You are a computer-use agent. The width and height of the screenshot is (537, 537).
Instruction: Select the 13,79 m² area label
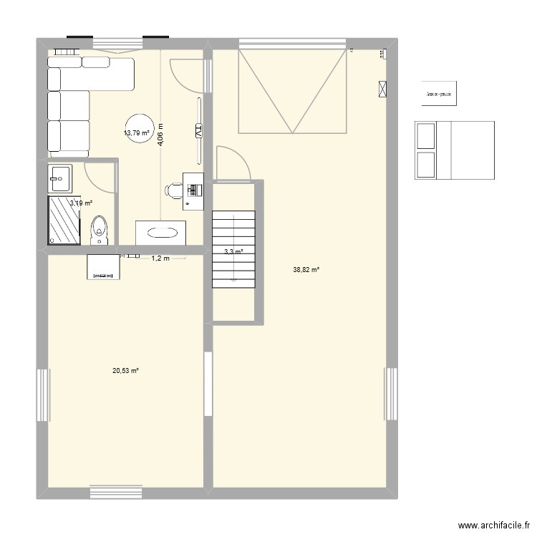coord(136,133)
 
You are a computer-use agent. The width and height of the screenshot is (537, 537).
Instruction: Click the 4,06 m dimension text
coord(161,135)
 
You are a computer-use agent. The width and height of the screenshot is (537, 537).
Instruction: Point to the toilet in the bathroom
coord(100,229)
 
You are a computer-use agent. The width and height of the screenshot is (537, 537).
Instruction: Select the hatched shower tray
coord(63,221)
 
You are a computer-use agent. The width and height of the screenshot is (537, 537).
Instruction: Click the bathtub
coord(161,233)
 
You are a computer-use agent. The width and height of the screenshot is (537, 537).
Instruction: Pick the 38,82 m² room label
coord(306,270)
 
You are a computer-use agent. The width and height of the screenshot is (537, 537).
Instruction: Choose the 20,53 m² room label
coord(125,370)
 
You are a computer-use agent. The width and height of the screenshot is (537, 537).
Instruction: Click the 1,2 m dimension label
coord(160,258)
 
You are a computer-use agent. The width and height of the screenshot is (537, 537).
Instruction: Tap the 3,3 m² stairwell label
coord(233,251)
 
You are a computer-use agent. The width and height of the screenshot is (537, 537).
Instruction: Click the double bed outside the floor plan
coord(455,150)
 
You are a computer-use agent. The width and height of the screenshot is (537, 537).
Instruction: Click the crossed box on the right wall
coord(382,89)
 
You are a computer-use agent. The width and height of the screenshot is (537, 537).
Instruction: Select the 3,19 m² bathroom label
coord(80,203)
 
